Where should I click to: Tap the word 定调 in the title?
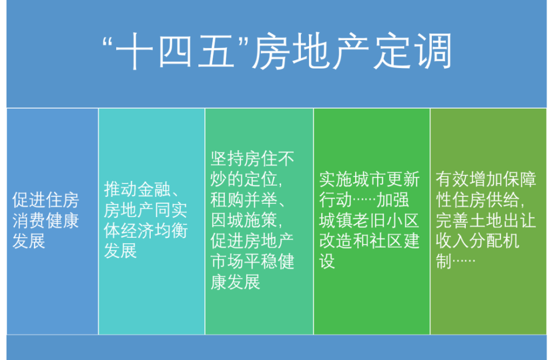coord(413,51)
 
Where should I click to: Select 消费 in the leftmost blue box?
coord(29,221)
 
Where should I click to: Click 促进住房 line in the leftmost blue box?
coord(46,200)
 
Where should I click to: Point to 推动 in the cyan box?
coord(121,190)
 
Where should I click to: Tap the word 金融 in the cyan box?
coord(154,190)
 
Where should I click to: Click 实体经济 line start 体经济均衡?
coord(146,231)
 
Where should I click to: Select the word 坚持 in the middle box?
coord(227,159)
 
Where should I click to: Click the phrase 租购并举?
coord(244,200)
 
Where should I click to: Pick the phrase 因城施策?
coord(244,220)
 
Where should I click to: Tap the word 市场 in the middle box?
coord(227,262)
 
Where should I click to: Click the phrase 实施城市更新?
coord(369,180)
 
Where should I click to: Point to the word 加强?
coord(392,200)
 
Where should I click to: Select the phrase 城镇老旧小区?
coord(369,220)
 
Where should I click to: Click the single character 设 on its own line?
coord(327,261)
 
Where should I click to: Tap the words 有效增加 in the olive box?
coord(469,180)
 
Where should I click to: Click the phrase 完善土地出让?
coord(486,220)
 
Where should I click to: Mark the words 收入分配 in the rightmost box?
coord(469,241)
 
